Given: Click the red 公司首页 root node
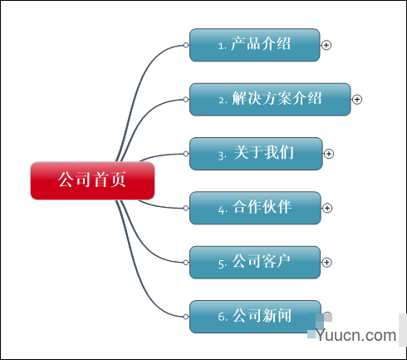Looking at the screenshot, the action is pyautogui.click(x=92, y=180).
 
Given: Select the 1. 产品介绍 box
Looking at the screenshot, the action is pyautogui.click(x=255, y=45).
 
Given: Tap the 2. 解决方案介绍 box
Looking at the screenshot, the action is pyautogui.click(x=270, y=99).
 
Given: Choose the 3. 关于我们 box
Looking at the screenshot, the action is pyautogui.click(x=256, y=154).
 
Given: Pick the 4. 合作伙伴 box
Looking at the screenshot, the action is pyautogui.click(x=255, y=208).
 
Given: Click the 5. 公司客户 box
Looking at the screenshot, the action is pyautogui.click(x=255, y=262).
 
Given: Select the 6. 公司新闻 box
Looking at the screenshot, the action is pyautogui.click(x=255, y=317).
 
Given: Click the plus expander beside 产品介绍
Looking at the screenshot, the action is pyautogui.click(x=326, y=45).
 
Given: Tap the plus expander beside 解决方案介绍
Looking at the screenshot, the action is pyautogui.click(x=357, y=99).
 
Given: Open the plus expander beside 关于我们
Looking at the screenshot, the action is pyautogui.click(x=329, y=154).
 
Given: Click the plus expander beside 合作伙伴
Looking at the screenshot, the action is pyautogui.click(x=327, y=208).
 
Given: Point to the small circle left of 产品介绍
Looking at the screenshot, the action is pyautogui.click(x=186, y=45).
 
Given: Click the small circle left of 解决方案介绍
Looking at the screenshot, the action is pyautogui.click(x=186, y=99).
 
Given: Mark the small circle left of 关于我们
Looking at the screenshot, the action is pyautogui.click(x=186, y=154).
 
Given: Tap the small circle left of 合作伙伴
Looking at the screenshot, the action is pyautogui.click(x=186, y=208).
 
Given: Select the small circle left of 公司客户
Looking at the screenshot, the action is pyautogui.click(x=186, y=262).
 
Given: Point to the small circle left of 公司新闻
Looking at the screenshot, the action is pyautogui.click(x=186, y=317).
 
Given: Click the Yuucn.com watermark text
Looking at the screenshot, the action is pyautogui.click(x=356, y=335).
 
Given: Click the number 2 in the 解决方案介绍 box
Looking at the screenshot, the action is pyautogui.click(x=221, y=101).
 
